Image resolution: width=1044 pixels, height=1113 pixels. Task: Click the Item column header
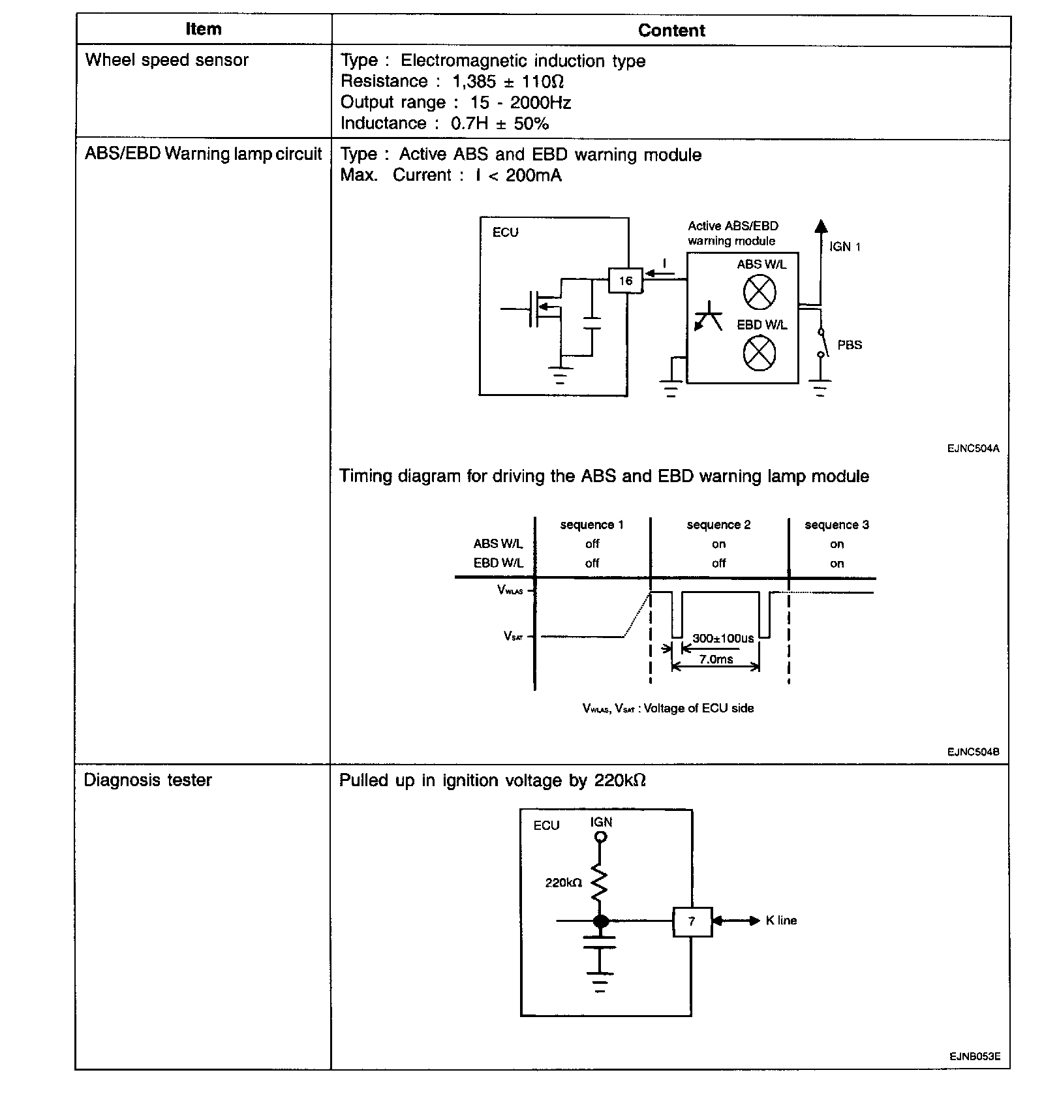(x=204, y=29)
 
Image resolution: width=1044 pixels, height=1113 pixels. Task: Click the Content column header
(x=671, y=31)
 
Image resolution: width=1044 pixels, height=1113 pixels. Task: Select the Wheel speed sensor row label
(x=167, y=60)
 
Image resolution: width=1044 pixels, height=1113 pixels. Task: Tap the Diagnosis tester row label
(x=148, y=780)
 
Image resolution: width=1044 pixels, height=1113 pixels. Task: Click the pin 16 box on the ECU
(x=625, y=281)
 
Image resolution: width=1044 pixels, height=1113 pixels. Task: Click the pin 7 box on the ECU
(x=692, y=921)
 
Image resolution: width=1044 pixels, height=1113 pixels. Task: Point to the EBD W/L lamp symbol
(x=760, y=353)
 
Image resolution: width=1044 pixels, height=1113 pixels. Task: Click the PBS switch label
(x=850, y=345)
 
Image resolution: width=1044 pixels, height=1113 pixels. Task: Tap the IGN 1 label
(x=845, y=247)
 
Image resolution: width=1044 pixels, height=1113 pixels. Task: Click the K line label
(x=781, y=921)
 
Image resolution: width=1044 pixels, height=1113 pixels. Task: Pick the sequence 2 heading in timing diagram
(x=718, y=525)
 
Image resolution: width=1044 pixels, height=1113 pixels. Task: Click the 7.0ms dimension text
(x=716, y=659)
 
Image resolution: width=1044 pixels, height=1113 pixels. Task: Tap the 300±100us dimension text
(x=723, y=638)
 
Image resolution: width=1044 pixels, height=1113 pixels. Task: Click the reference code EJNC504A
(x=973, y=448)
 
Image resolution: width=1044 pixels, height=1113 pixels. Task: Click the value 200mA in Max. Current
(x=533, y=175)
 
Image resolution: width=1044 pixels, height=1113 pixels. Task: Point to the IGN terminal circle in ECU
(x=601, y=838)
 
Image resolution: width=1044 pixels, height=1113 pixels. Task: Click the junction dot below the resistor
(x=601, y=921)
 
